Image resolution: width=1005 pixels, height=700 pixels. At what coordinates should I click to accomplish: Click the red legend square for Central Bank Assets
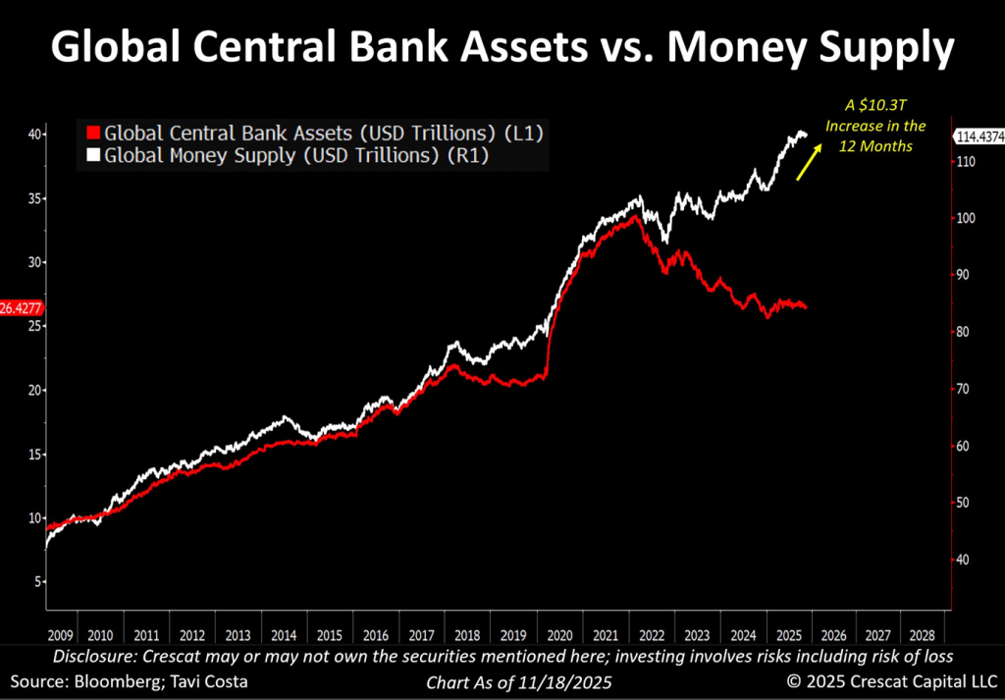click(92, 133)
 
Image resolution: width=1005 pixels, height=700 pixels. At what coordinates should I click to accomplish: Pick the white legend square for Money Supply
click(92, 154)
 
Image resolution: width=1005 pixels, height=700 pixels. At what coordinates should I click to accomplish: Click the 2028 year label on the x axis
click(922, 634)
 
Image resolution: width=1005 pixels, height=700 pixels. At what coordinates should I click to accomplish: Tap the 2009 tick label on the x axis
click(59, 634)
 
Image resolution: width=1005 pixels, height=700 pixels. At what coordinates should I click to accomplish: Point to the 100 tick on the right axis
click(970, 218)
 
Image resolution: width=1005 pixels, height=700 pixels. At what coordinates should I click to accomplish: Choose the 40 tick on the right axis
click(967, 560)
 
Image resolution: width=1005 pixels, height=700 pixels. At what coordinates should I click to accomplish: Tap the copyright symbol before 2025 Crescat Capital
click(785, 681)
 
